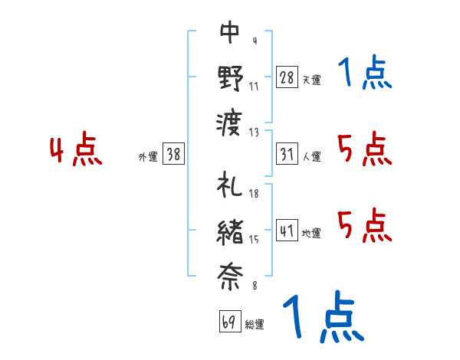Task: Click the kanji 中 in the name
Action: tap(230, 32)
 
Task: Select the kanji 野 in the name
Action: tap(231, 78)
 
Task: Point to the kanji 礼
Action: tap(229, 185)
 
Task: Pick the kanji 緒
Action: tap(230, 233)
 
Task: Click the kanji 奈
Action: tap(230, 277)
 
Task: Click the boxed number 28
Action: tap(287, 77)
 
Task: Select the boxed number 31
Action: tap(287, 154)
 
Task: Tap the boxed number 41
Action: tap(287, 230)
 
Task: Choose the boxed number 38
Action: tap(173, 154)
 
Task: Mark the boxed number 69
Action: tap(230, 321)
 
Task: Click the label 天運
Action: tap(312, 80)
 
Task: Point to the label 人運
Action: tap(312, 156)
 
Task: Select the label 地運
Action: tap(311, 233)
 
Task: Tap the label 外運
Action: tap(148, 156)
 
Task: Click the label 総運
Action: tap(255, 324)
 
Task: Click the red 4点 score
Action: tap(76, 148)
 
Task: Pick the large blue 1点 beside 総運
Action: tap(324, 316)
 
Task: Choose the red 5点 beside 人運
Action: tap(365, 149)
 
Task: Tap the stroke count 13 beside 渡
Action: tap(254, 133)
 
